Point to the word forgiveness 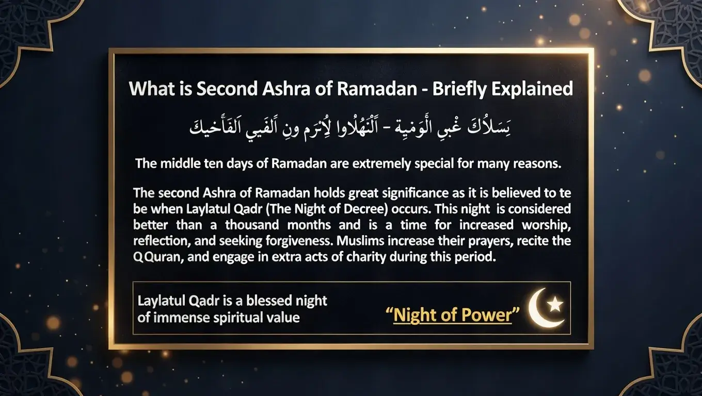pyautogui.click(x=277, y=241)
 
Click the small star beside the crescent pyautogui.click(x=555, y=305)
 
